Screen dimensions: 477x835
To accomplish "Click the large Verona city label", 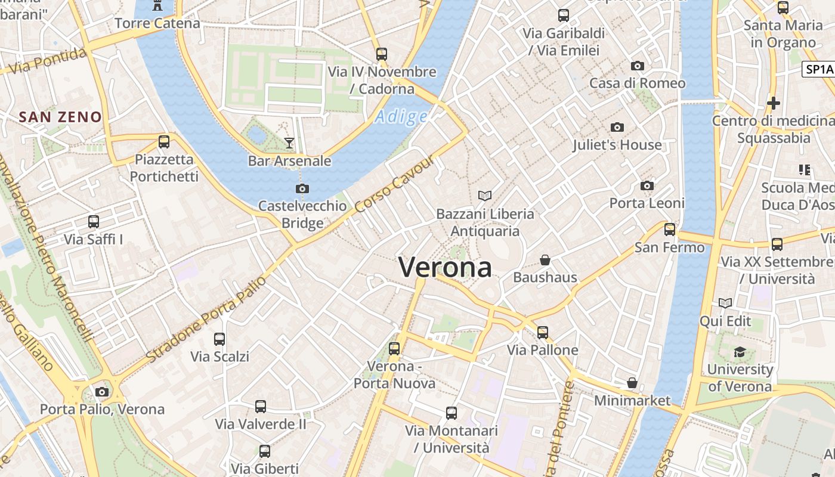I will click(445, 267).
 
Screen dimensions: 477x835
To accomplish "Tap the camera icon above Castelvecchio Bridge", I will click(302, 189).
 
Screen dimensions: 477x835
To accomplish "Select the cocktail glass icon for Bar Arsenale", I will click(289, 143).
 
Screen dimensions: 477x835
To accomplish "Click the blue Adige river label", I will click(401, 116).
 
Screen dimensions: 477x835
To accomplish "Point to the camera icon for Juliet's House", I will click(617, 127).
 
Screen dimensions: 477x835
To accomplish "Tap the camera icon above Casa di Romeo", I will click(638, 66).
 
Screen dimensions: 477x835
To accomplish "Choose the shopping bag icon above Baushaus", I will click(545, 260).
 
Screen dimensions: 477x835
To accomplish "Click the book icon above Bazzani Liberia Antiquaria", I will click(485, 196).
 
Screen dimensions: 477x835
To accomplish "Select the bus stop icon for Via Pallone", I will click(543, 332).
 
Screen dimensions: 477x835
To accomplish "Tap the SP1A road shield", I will click(819, 69).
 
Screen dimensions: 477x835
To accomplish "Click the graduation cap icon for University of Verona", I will click(740, 352).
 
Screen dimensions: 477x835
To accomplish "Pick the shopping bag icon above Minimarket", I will click(632, 383).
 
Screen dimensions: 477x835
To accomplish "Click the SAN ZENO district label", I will click(60, 116).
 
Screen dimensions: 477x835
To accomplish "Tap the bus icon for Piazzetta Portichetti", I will click(164, 142).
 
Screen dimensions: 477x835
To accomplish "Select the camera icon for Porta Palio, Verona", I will click(102, 392).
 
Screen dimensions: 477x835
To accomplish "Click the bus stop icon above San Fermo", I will click(670, 230).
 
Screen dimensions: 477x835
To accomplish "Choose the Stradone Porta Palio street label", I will click(206, 320).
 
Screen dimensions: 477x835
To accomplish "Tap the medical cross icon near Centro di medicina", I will click(774, 103).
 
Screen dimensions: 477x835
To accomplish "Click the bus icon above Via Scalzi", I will click(219, 339).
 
